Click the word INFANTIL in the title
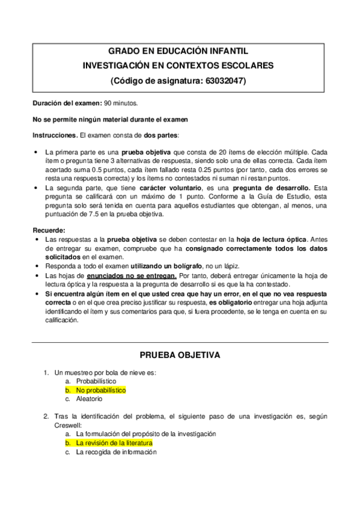[225, 52]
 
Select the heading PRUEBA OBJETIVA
[180, 355]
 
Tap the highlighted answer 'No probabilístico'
[100, 390]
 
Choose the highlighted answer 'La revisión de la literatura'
[114, 443]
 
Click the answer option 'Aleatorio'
[89, 398]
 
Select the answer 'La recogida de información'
[116, 452]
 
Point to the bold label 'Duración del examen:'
[67, 103]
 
